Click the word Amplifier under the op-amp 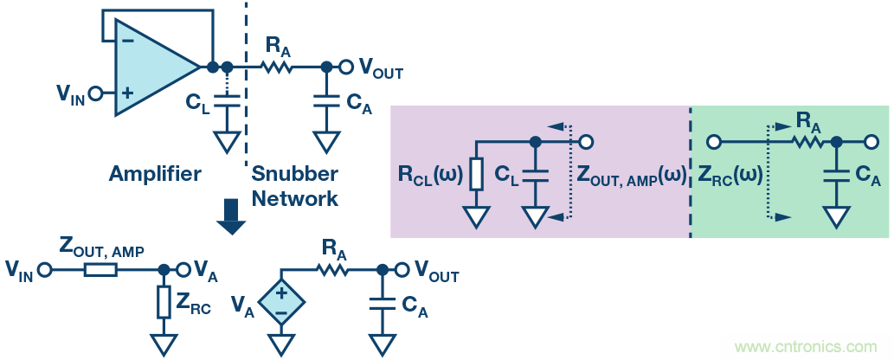coord(155,174)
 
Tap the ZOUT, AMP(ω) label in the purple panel coord(630,174)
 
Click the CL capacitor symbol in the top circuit coord(227,102)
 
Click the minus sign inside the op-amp coord(128,40)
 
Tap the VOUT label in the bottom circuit coord(436,272)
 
